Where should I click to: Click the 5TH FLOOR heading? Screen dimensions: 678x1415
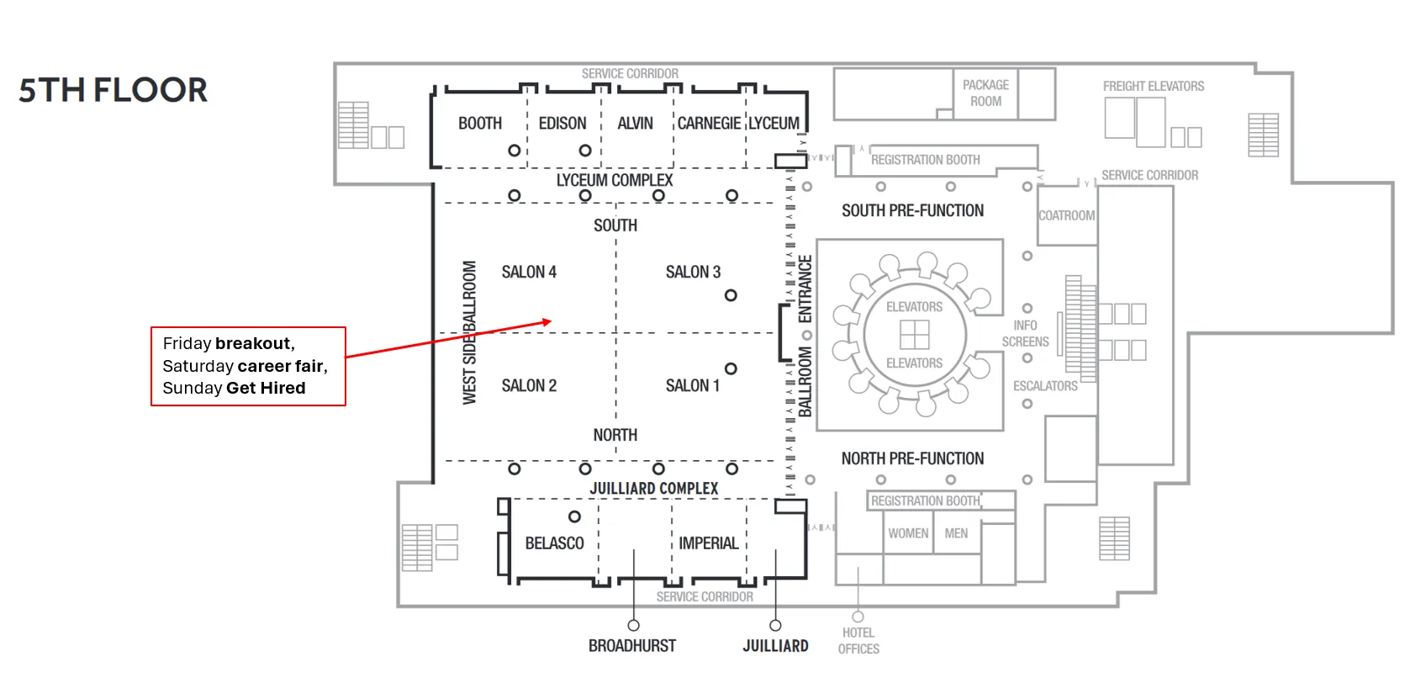113,90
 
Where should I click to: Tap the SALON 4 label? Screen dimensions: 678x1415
529,272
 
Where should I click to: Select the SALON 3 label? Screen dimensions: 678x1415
693,272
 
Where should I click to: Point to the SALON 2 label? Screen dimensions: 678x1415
529,385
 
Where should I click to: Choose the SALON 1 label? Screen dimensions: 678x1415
692,385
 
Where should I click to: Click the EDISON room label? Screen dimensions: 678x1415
562,124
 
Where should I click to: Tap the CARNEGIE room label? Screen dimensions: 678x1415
709,124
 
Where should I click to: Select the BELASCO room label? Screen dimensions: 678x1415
554,543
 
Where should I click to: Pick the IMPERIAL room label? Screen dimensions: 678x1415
708,543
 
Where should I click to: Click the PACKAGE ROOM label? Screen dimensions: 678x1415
985,93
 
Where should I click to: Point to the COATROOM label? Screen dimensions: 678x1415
1066,215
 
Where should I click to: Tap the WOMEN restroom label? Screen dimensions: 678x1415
908,533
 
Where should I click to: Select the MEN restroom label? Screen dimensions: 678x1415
956,533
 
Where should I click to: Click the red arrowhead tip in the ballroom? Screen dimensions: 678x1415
550,321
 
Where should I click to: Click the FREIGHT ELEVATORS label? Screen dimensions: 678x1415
1153,86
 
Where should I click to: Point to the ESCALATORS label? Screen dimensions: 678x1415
1045,386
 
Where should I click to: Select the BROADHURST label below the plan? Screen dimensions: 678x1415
632,646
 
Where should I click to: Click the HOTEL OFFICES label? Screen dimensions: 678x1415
858,641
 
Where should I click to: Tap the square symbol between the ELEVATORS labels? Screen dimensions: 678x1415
914,335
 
